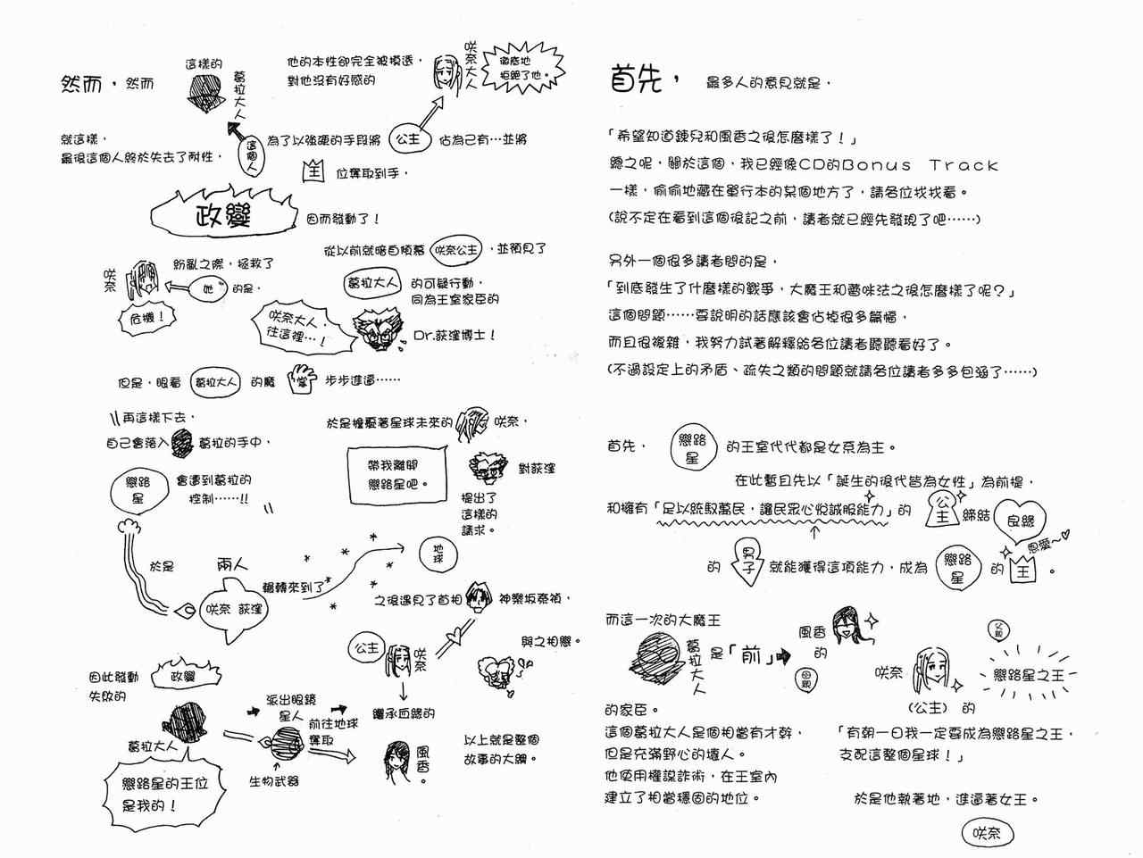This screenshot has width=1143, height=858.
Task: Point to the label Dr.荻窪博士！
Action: click(x=454, y=336)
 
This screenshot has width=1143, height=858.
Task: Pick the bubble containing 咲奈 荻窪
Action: click(x=234, y=609)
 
